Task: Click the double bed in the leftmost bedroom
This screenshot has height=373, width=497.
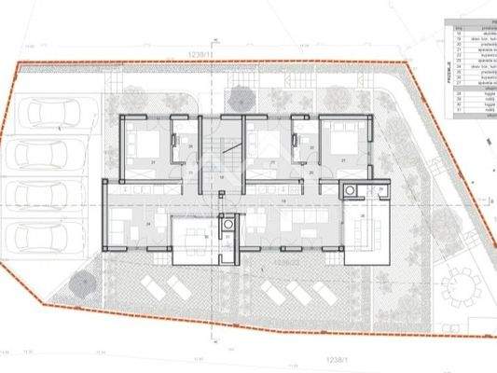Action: pos(145,145)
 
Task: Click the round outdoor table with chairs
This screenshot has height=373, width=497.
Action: pos(458,283)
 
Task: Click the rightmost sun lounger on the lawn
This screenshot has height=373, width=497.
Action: pos(304,295)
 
